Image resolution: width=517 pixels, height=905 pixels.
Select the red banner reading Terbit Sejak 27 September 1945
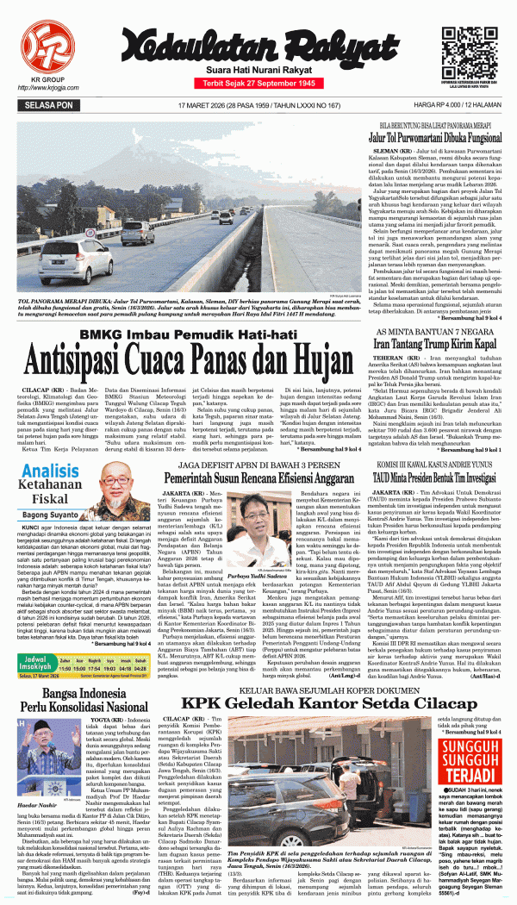(x=258, y=83)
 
